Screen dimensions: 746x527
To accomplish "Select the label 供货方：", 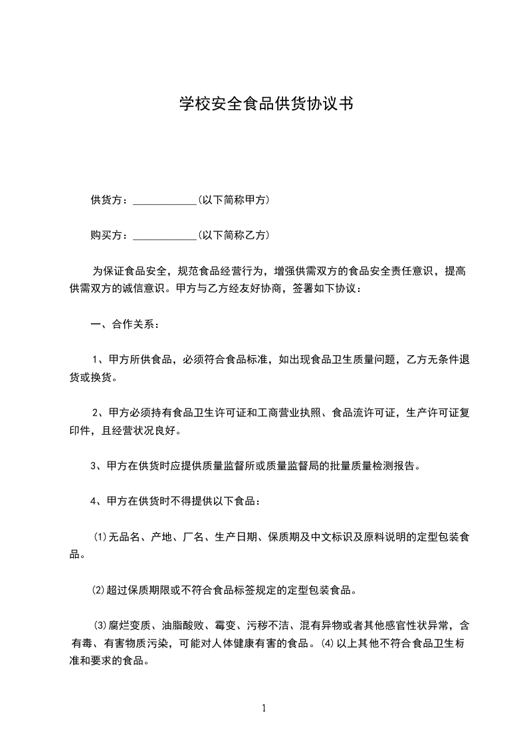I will coord(111,199).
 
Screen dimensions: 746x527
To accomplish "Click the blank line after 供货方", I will coord(164,201).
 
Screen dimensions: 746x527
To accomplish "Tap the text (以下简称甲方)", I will coord(233,199).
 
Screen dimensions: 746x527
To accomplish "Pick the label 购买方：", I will coord(111,235).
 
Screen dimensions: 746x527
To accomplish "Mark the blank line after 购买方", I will coord(164,237).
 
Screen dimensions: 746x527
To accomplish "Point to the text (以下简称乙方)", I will coord(233,235).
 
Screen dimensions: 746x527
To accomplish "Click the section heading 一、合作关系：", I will coord(124,325).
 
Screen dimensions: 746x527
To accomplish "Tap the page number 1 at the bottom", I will coord(264,708).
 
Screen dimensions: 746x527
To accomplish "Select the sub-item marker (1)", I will coord(100,537).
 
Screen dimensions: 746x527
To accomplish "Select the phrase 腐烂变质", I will coord(130,625).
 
